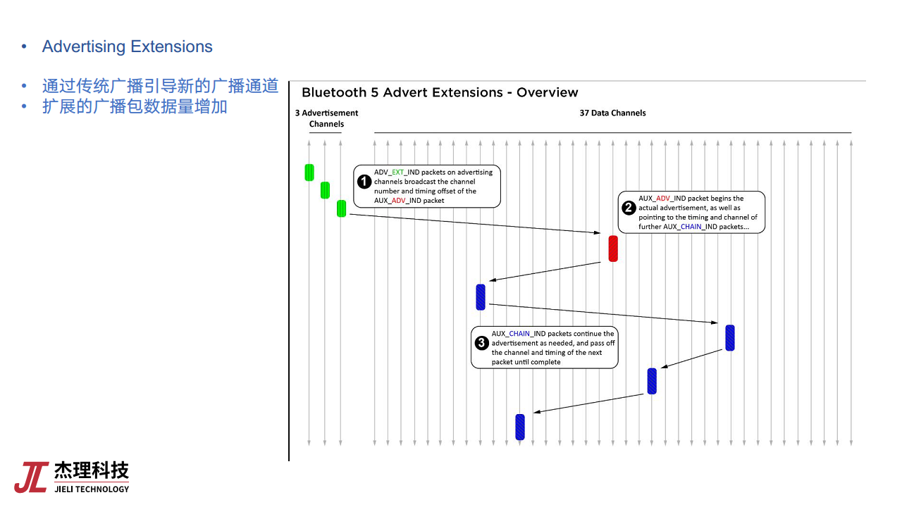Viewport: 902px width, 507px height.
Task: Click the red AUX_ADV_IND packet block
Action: [613, 249]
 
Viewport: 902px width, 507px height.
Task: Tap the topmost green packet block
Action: [309, 173]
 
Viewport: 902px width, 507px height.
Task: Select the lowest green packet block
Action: [342, 208]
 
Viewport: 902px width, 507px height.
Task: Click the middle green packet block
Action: [325, 190]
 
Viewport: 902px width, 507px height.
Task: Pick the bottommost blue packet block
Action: [520, 427]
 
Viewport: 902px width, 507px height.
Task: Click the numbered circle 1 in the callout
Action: [364, 182]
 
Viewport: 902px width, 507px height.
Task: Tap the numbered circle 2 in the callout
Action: [629, 208]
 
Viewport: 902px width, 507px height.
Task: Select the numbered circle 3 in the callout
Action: [481, 343]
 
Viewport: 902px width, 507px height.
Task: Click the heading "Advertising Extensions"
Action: [128, 46]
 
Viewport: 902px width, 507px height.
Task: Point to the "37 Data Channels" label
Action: [612, 113]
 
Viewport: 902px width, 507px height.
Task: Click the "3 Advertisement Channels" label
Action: [326, 118]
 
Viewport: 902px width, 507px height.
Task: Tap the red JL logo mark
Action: [32, 477]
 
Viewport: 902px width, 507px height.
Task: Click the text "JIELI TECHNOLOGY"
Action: [92, 489]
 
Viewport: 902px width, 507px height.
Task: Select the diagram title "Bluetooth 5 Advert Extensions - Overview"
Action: [440, 92]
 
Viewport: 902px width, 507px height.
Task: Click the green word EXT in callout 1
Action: [398, 173]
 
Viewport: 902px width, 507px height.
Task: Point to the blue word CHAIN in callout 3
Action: [519, 334]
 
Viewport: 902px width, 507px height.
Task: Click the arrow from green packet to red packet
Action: [475, 223]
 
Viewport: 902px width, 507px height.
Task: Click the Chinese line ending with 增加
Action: [135, 106]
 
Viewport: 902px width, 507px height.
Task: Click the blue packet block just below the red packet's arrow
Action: [481, 297]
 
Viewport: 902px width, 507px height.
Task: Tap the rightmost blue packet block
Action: [729, 338]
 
